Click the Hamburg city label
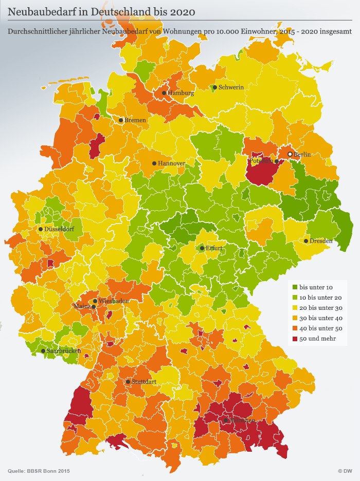[x=181, y=94]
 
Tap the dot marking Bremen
[x=121, y=120]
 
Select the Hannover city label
[x=172, y=163]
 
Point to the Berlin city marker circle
[x=290, y=154]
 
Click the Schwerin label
[x=231, y=87]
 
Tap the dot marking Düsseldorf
[x=41, y=229]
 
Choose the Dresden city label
[x=321, y=241]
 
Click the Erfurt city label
[x=213, y=248]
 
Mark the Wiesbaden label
[x=114, y=301]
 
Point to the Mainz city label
[x=82, y=307]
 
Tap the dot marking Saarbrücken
[x=43, y=351]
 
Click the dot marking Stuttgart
[x=128, y=382]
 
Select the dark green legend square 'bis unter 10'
[x=295, y=287]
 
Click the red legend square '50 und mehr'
[x=295, y=338]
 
